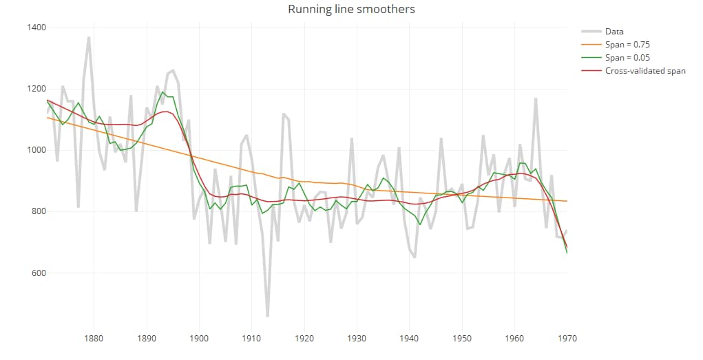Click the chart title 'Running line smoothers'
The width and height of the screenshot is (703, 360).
point(351,10)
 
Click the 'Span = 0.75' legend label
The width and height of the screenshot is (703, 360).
point(627,45)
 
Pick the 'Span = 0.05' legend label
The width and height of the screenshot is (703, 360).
point(627,58)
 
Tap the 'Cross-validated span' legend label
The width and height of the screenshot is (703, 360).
point(644,71)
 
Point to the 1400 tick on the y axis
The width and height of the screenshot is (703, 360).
point(36,28)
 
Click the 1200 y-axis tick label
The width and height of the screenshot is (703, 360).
point(36,89)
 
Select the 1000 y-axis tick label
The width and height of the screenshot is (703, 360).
point(36,150)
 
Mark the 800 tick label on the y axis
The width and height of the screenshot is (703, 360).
point(39,211)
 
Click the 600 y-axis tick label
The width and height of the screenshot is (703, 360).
point(39,273)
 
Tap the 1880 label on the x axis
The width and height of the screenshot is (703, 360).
point(94,338)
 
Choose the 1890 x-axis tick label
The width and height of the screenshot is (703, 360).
point(147,338)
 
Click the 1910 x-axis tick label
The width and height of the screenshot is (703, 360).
point(251,338)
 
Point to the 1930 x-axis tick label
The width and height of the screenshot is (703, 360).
point(357,338)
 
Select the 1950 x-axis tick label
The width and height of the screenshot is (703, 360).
point(462,338)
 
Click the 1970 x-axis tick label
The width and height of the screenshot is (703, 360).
point(567,338)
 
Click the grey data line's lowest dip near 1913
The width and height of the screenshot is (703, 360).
point(267,315)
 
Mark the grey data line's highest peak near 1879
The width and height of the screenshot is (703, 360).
point(89,38)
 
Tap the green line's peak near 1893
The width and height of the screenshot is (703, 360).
point(162,92)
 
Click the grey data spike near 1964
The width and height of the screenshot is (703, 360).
point(535,99)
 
